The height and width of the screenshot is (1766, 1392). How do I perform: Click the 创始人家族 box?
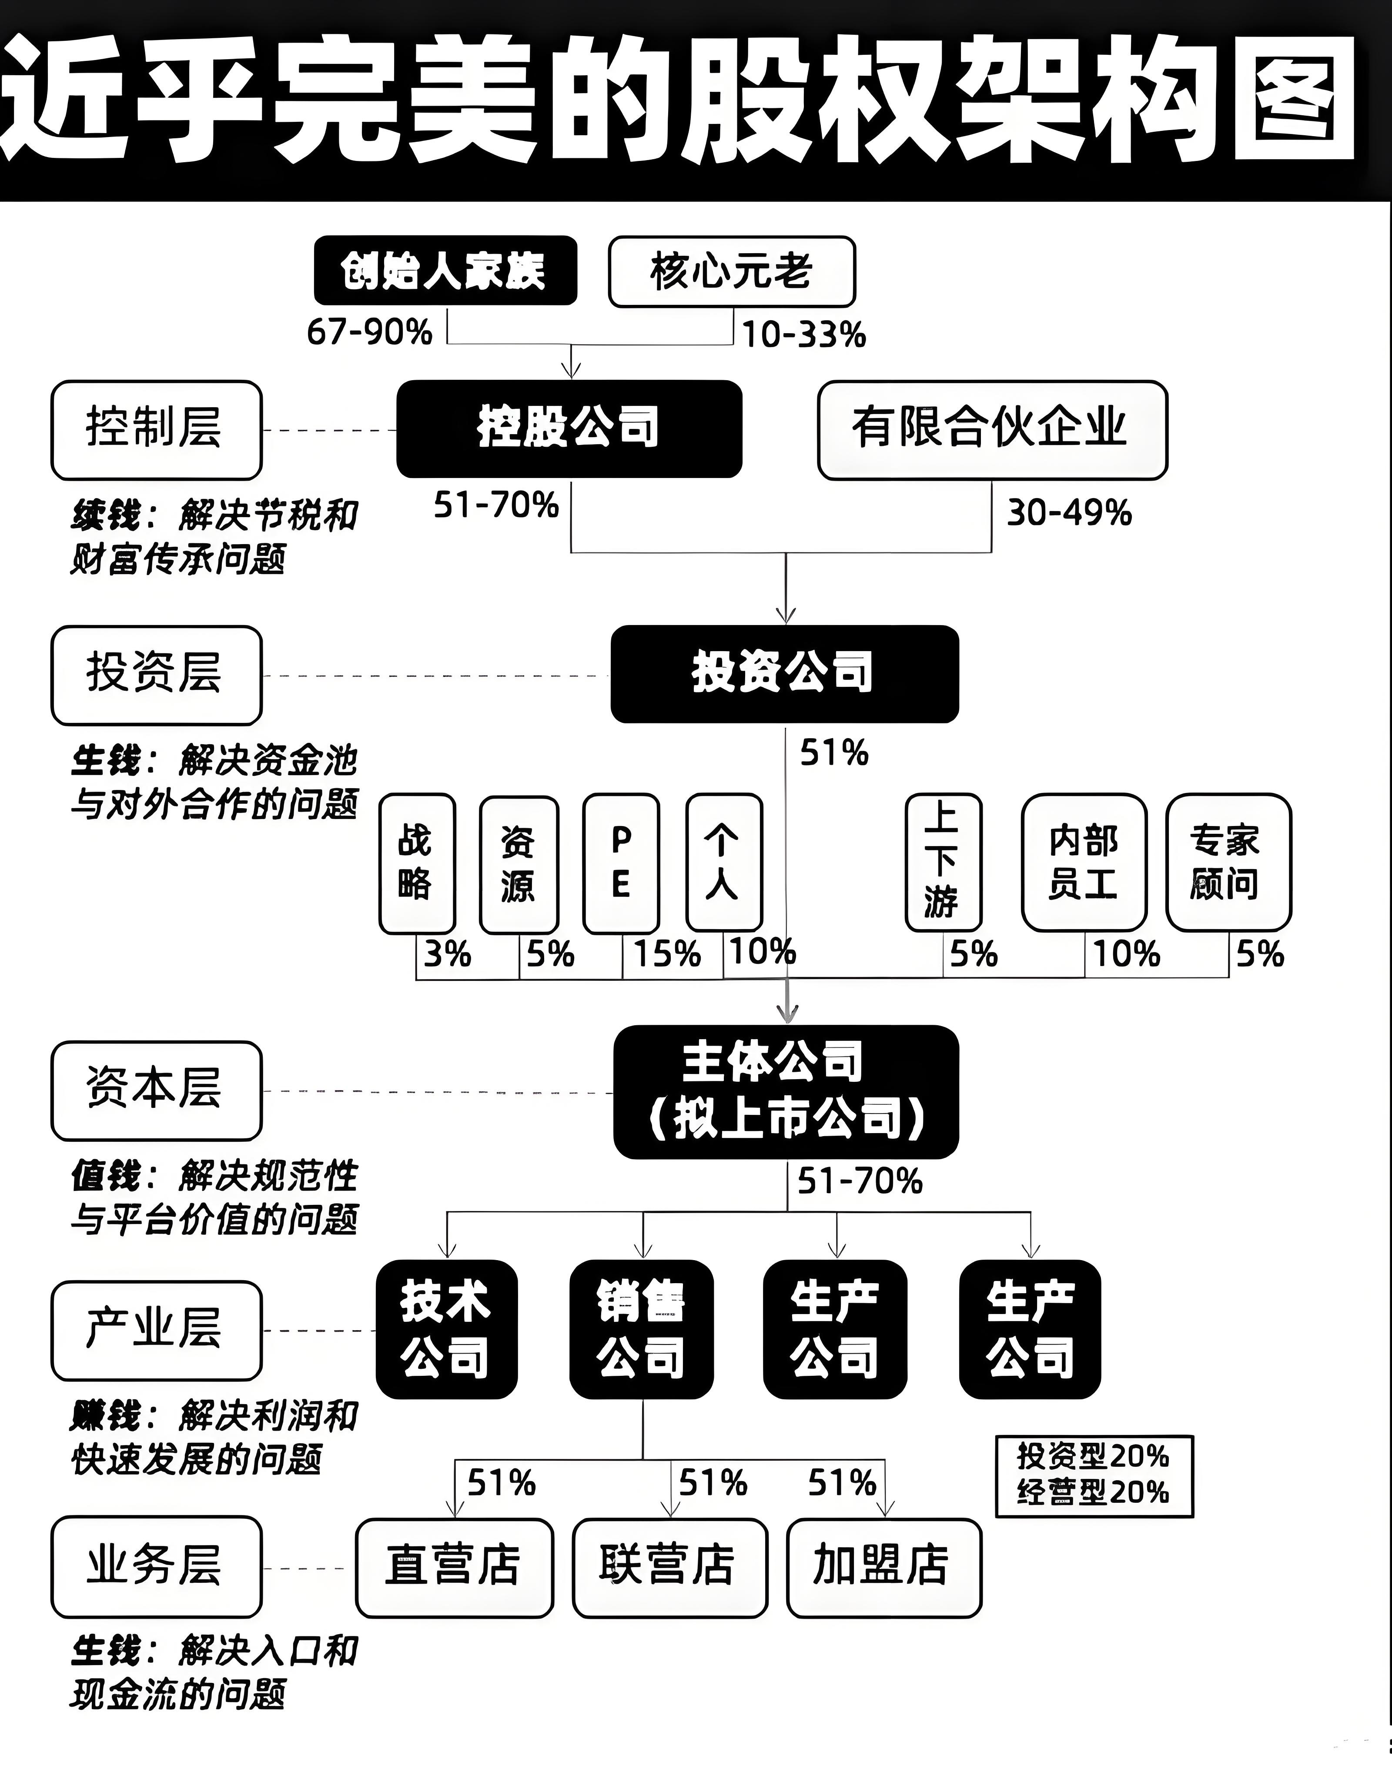[x=445, y=271]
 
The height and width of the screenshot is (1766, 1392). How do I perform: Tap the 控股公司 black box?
[x=569, y=428]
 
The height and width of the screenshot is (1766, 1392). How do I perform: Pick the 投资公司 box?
[x=784, y=674]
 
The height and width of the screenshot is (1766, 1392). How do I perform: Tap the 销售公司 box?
[x=641, y=1329]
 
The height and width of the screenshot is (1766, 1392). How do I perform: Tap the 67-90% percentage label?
[x=369, y=332]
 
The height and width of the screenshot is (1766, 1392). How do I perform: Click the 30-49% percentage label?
[x=1069, y=512]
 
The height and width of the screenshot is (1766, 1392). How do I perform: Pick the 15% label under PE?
[x=667, y=953]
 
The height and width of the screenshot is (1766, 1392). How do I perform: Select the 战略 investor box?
[x=416, y=864]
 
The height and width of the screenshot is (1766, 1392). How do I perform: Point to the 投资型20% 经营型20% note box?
[x=1094, y=1476]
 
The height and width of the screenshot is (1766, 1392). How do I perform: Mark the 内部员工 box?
[x=1084, y=862]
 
